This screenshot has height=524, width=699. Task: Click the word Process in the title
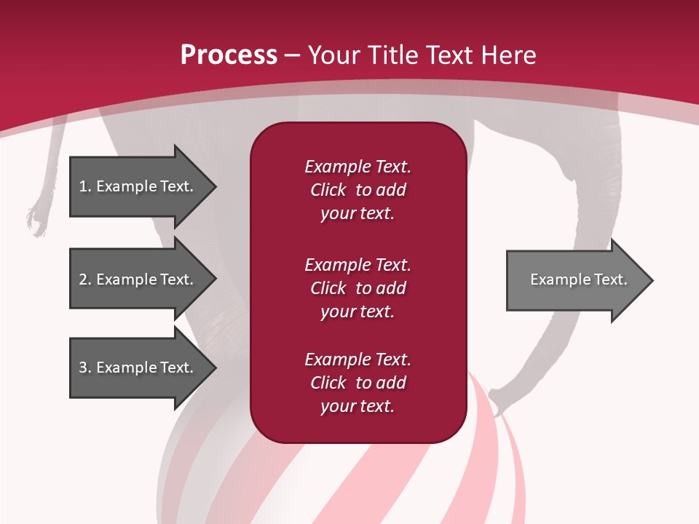click(229, 55)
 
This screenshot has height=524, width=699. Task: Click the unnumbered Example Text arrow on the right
click(578, 280)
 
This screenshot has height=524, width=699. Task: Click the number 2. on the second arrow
click(85, 279)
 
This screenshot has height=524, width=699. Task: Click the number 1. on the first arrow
click(85, 186)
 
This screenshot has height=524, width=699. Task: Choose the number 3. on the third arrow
click(85, 368)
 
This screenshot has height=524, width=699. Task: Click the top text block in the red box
click(358, 190)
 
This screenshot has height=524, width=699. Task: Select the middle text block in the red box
click(358, 288)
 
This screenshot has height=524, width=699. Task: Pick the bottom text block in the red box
click(358, 383)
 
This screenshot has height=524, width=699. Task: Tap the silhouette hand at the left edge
click(35, 218)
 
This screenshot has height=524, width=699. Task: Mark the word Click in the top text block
click(328, 190)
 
